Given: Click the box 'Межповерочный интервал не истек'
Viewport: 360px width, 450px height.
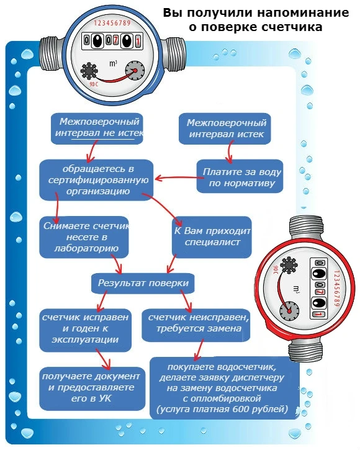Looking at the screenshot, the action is pos(97,128).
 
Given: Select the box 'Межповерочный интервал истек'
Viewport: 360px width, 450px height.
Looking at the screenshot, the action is pos(225,128).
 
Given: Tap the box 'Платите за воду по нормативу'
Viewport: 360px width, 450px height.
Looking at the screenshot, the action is pos(240,176).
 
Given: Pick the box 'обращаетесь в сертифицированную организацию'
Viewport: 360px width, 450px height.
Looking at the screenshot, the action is pos(96,180).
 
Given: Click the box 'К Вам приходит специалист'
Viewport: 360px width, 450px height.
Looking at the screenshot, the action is pos(212,237).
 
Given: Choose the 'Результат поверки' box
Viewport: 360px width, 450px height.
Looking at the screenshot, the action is pos(143,283).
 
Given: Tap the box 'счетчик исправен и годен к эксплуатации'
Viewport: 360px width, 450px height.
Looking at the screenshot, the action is pos(85,330).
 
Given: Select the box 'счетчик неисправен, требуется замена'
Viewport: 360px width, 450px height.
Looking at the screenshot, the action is pos(196,325).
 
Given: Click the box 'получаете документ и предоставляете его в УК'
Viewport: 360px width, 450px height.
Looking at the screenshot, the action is pos(92,389).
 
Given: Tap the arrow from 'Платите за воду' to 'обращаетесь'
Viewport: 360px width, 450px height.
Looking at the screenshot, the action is pos(179,178).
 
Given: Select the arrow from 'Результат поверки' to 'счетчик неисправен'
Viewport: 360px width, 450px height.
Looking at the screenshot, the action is pos(186,300).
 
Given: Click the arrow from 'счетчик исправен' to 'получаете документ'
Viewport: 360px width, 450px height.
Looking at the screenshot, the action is pos(104,359).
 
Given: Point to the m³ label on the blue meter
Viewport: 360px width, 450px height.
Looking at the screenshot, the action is pos(114,63).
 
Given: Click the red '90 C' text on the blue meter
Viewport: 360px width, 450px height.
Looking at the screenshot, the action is pos(94,84).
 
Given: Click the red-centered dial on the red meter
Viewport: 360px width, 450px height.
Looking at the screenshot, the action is pos(289,311).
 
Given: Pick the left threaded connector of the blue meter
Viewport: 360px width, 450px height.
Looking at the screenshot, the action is pos(52,54).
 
